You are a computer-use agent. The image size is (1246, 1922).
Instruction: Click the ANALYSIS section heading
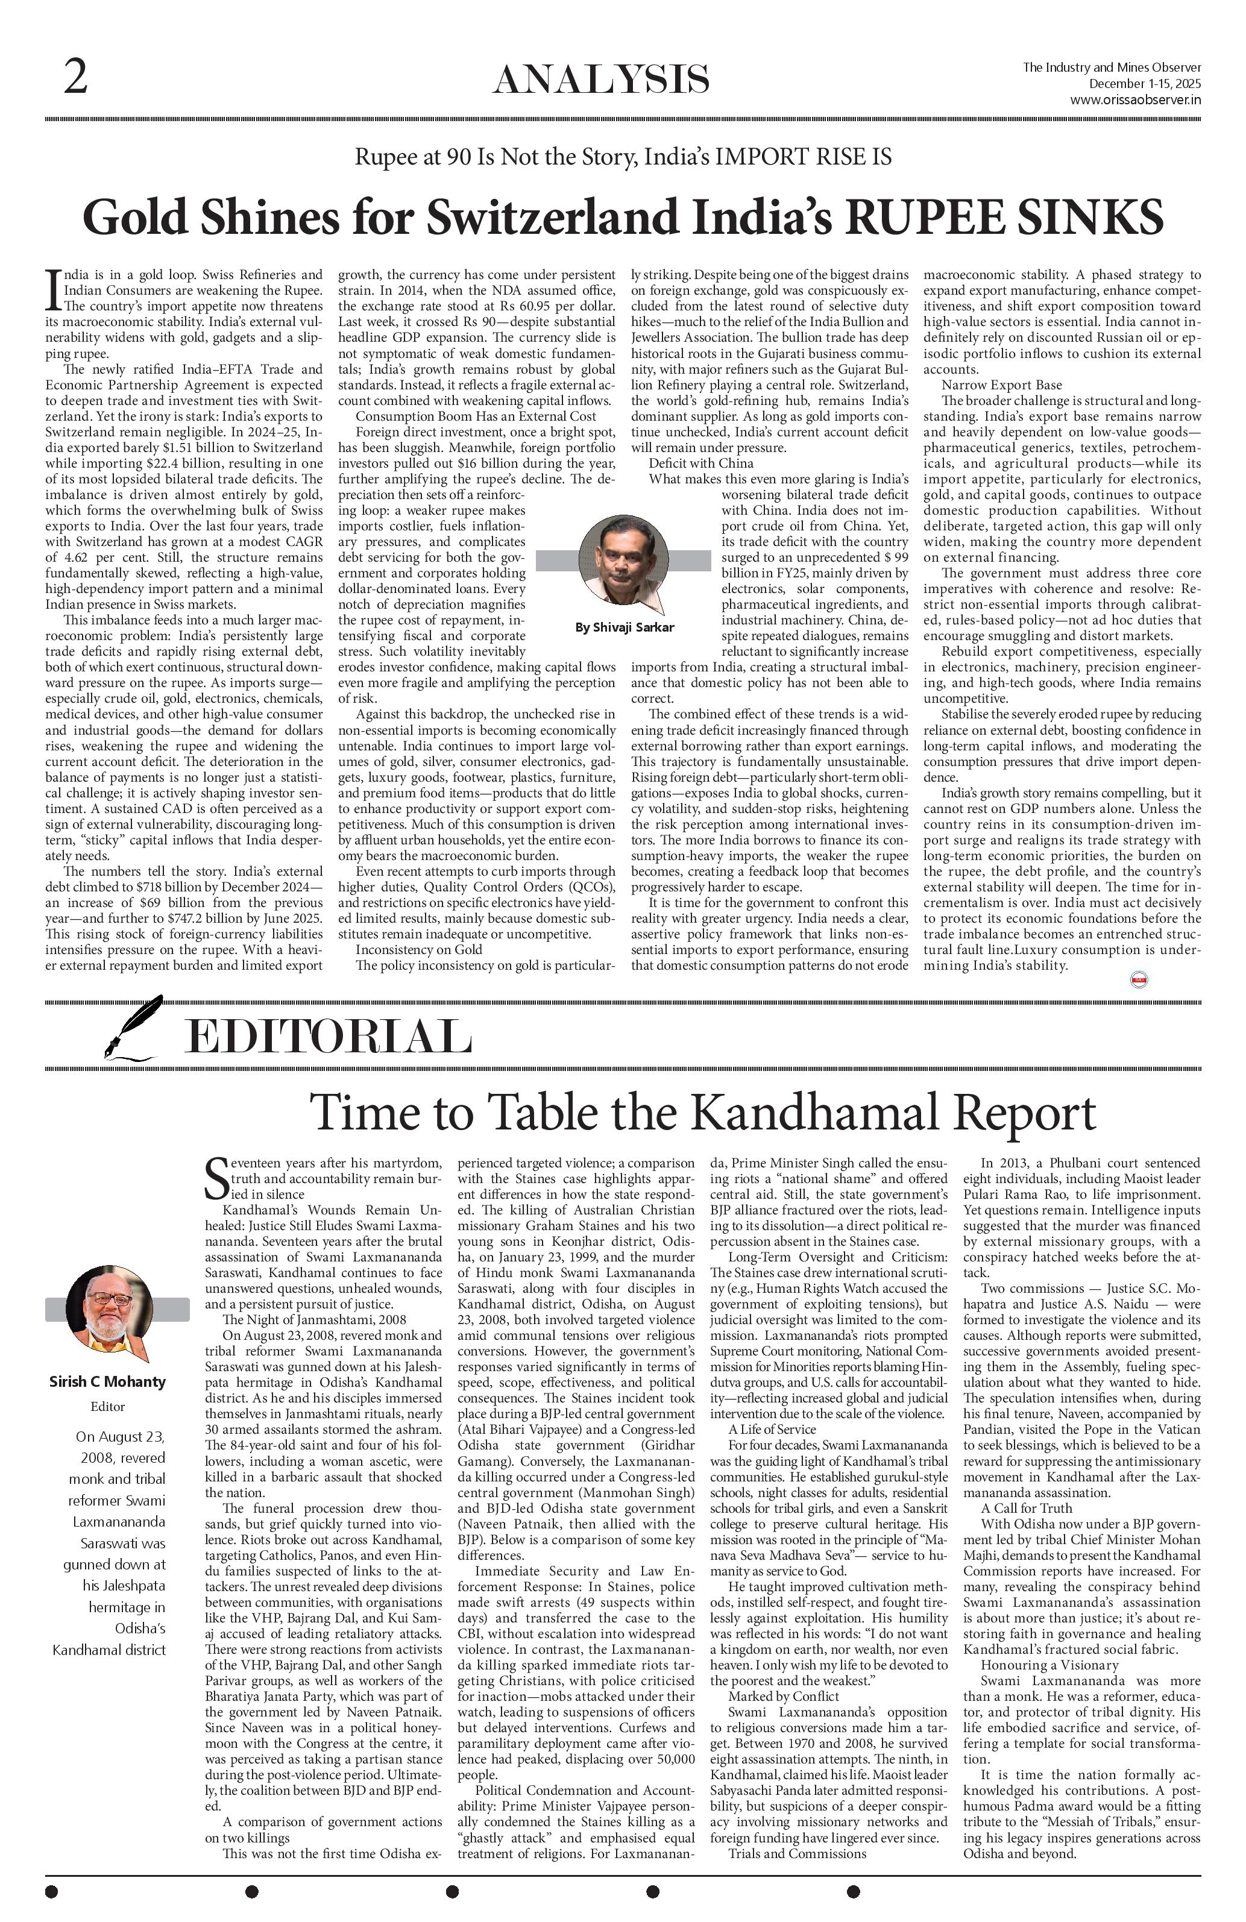(x=601, y=81)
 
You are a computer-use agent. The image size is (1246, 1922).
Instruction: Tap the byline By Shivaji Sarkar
(x=625, y=627)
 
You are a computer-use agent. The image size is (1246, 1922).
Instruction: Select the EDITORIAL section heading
(x=328, y=1036)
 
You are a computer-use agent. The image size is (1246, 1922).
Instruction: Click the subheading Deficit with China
(x=701, y=463)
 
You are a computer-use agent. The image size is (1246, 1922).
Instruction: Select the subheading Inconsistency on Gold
(x=419, y=950)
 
